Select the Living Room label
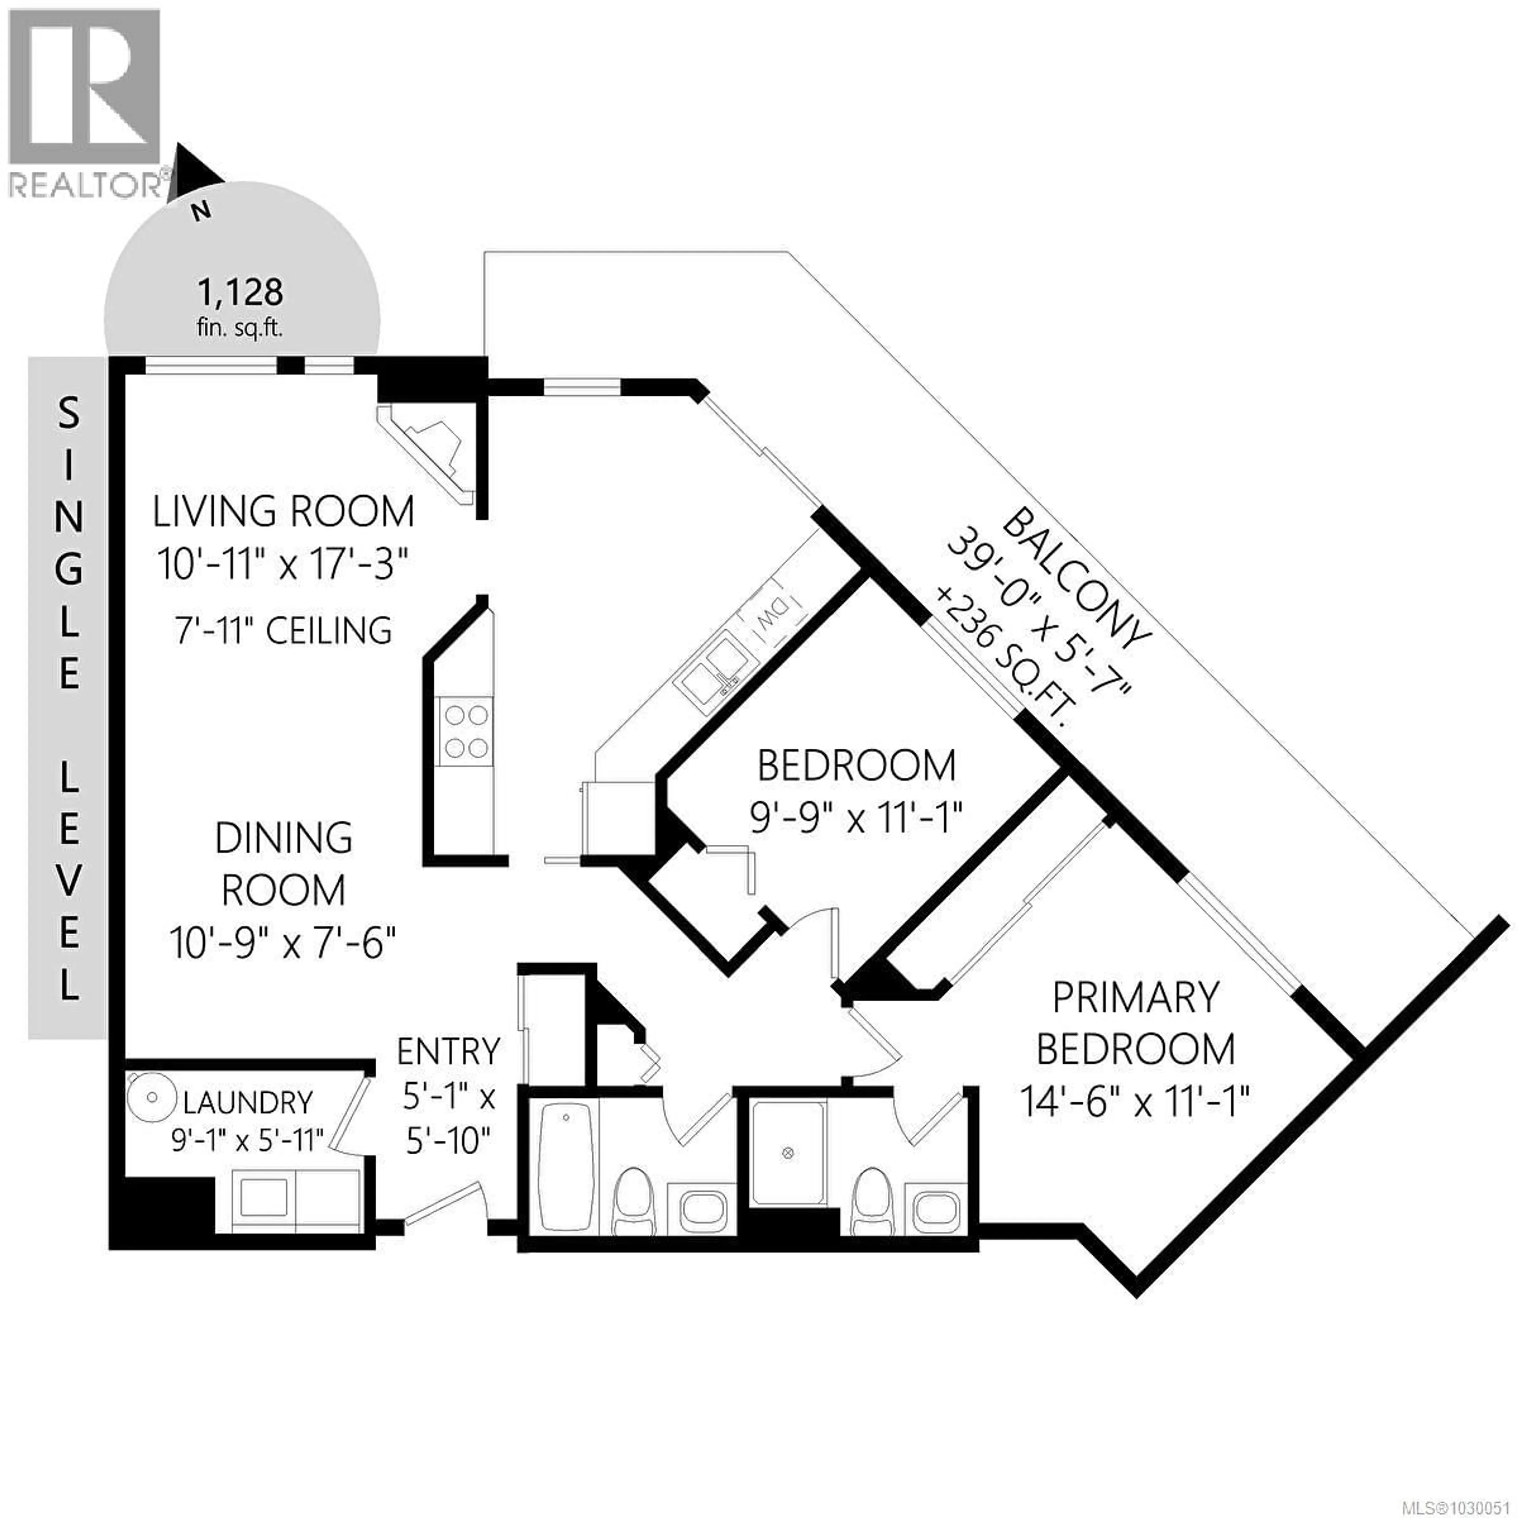point(283,512)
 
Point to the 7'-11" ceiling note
point(283,631)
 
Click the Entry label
point(448,1051)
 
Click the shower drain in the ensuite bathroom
point(789,1153)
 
